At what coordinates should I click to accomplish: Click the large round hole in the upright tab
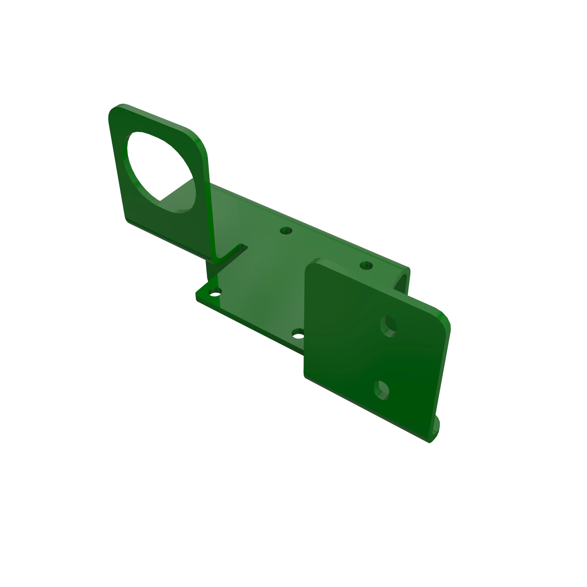(x=158, y=170)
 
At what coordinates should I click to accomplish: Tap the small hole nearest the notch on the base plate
(x=286, y=231)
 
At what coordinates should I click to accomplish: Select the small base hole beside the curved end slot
(x=366, y=266)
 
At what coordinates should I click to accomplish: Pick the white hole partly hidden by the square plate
(x=298, y=336)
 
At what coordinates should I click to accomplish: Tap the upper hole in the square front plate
(x=389, y=326)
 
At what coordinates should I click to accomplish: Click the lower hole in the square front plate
(x=381, y=390)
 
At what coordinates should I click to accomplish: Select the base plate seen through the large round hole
(x=179, y=195)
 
